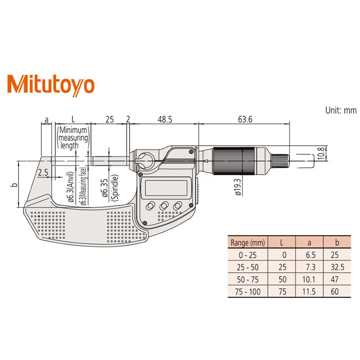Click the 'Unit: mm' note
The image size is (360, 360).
tap(340, 110)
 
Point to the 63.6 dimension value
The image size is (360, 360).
tap(243, 119)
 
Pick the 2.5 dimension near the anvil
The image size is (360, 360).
tap(44, 173)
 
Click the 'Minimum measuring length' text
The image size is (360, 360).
tap(72, 137)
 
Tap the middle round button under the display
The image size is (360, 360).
tap(164, 205)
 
